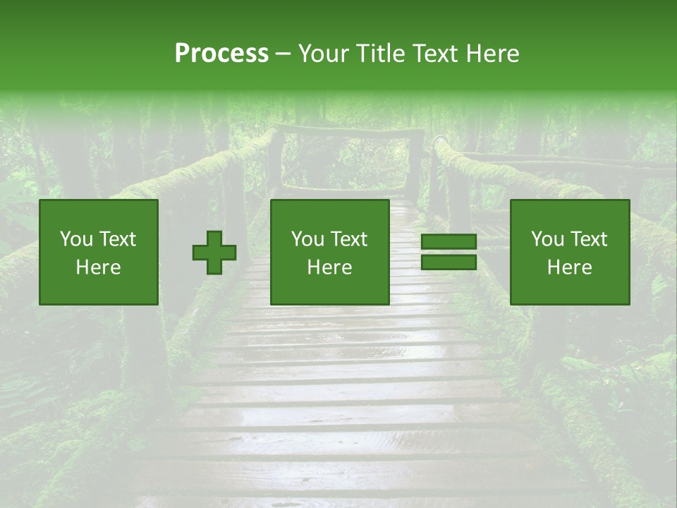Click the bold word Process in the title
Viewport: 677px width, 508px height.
(221, 54)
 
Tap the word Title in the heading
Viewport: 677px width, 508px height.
(379, 54)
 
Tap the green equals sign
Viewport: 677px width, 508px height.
(449, 252)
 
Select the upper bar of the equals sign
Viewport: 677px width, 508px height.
(449, 242)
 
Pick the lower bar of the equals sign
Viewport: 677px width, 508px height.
(449, 262)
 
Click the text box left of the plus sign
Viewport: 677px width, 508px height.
(99, 252)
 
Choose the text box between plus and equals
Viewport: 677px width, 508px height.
(329, 252)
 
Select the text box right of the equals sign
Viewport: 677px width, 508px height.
(569, 252)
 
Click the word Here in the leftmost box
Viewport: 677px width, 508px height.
(99, 267)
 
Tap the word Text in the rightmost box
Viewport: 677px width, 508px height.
(589, 239)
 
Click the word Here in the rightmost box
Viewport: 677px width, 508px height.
(569, 267)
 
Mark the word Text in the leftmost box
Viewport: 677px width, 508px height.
(118, 239)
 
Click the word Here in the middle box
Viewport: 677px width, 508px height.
(329, 267)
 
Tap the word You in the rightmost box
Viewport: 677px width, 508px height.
(547, 239)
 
